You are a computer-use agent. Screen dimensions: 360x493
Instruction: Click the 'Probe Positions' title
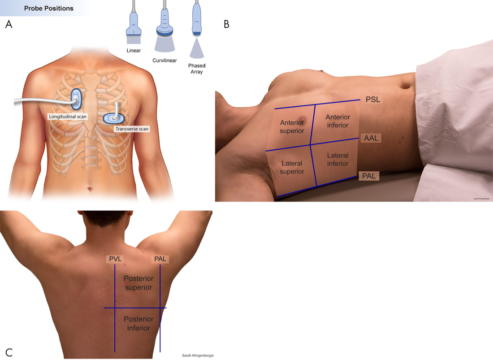[x=49, y=8]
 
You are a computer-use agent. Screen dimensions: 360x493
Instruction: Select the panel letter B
[x=226, y=24]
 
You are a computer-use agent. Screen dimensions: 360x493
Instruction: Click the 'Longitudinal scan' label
[x=68, y=117]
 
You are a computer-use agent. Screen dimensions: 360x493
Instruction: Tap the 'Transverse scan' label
[x=132, y=129]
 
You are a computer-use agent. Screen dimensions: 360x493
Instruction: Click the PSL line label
[x=372, y=100]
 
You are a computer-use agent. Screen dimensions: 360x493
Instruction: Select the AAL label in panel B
[x=372, y=138]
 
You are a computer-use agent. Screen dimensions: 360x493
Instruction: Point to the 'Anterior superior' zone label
[x=292, y=126]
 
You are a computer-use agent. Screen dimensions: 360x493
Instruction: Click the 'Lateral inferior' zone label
[x=337, y=160]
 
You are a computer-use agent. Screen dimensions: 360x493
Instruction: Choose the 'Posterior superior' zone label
[x=138, y=283]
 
